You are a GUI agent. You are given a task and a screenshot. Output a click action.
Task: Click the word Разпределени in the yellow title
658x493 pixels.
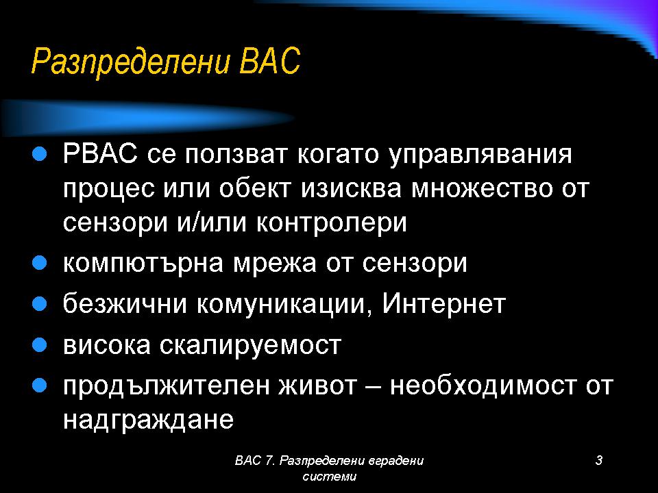131,62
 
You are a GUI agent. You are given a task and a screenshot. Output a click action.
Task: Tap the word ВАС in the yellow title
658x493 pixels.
270,61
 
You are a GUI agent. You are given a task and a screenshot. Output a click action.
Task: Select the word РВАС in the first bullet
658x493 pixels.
100,153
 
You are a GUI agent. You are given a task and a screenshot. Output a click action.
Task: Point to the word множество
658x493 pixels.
481,189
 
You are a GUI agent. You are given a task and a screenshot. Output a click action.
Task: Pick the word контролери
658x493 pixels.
332,223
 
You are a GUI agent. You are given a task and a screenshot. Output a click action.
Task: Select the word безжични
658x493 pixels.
125,303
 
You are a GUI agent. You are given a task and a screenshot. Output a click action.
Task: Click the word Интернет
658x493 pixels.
444,303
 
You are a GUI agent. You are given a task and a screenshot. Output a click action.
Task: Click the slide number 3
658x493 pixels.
599,460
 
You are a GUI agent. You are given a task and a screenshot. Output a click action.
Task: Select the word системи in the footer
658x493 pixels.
330,477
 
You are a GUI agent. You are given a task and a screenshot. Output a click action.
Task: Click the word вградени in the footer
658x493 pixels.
395,461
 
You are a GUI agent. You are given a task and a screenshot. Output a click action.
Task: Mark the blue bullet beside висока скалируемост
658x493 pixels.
39,345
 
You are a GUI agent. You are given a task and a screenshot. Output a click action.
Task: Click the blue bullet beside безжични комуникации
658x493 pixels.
39,303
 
